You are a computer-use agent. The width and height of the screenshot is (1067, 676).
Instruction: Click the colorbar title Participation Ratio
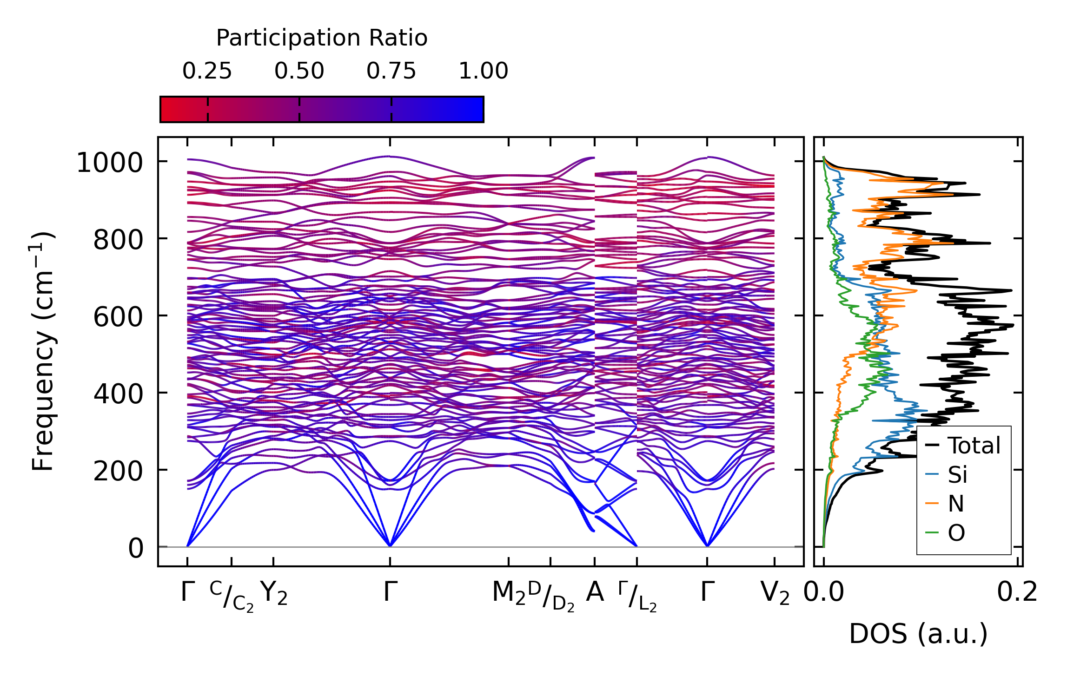[x=322, y=38]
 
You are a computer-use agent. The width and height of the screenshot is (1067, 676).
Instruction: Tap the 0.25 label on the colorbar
[x=207, y=71]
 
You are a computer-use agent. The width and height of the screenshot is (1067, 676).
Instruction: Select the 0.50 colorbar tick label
[x=299, y=71]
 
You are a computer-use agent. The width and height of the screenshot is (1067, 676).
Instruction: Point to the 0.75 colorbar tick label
[x=391, y=71]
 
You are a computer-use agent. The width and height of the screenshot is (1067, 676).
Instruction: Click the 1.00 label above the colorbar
[x=483, y=71]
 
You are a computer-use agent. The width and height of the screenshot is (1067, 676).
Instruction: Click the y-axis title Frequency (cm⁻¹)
[x=43, y=352]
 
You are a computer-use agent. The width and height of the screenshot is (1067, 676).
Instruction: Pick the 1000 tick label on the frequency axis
[x=110, y=163]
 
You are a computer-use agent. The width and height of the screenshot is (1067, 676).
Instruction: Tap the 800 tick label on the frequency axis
[x=118, y=240]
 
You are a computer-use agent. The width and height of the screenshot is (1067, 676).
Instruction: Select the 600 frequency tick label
[x=118, y=317]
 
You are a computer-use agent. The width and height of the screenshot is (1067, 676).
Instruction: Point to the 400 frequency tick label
[x=118, y=394]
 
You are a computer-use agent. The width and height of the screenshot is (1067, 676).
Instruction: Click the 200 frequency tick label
[x=118, y=472]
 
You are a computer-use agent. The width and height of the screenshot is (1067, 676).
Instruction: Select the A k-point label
[x=595, y=592]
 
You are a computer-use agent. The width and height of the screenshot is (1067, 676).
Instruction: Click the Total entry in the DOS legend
[x=974, y=446]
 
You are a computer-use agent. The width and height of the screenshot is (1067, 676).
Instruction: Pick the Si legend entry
[x=958, y=475]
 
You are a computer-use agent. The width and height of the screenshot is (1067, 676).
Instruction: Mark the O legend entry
[x=956, y=533]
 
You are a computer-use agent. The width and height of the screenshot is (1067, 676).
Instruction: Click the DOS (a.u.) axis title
[x=918, y=634]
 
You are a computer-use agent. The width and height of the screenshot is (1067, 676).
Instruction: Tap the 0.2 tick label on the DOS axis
[x=1017, y=593]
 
